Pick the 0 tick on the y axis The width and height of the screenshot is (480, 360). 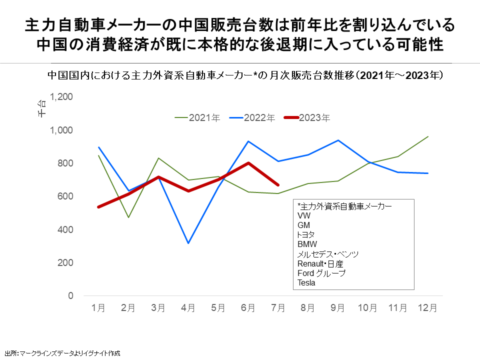click(x=70, y=296)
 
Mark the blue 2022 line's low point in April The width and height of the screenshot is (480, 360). click(x=188, y=243)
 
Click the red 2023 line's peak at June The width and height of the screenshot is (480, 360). click(x=248, y=163)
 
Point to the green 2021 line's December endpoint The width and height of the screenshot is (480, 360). click(x=428, y=136)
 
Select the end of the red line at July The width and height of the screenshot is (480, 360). click(x=278, y=185)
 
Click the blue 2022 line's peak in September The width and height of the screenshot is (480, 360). click(x=338, y=140)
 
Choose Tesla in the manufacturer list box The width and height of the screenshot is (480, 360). click(x=306, y=282)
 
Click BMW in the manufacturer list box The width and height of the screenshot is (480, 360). click(x=307, y=244)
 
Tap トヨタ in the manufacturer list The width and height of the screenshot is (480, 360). click(x=306, y=235)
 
